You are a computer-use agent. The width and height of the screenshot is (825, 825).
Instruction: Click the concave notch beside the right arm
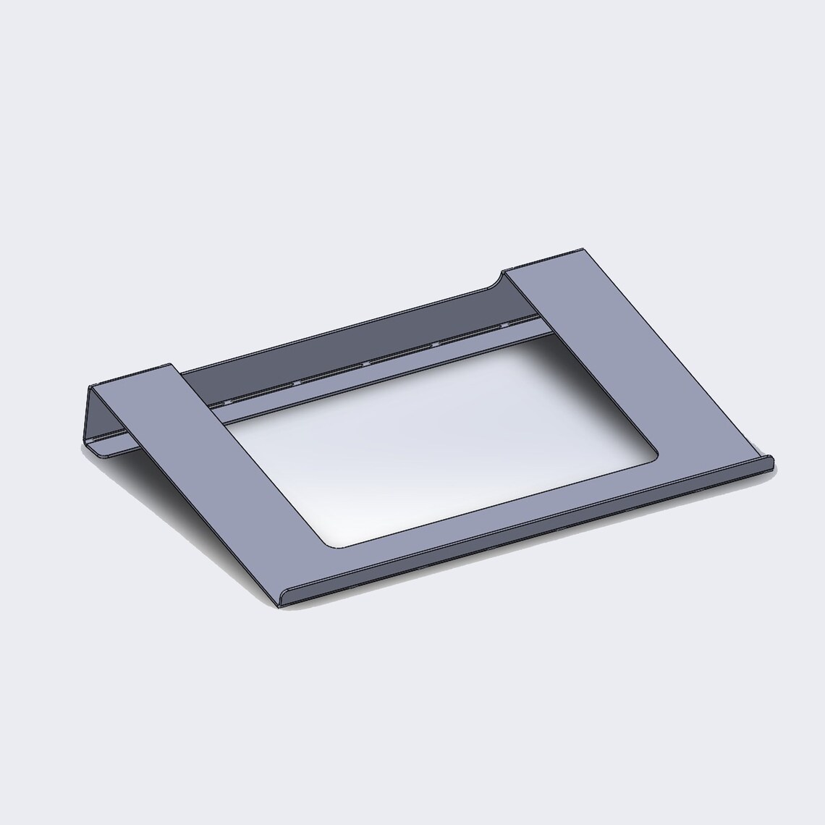(499, 280)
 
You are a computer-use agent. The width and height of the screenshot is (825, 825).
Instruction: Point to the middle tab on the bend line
(365, 362)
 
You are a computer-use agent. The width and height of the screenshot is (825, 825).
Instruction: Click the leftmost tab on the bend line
(229, 399)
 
